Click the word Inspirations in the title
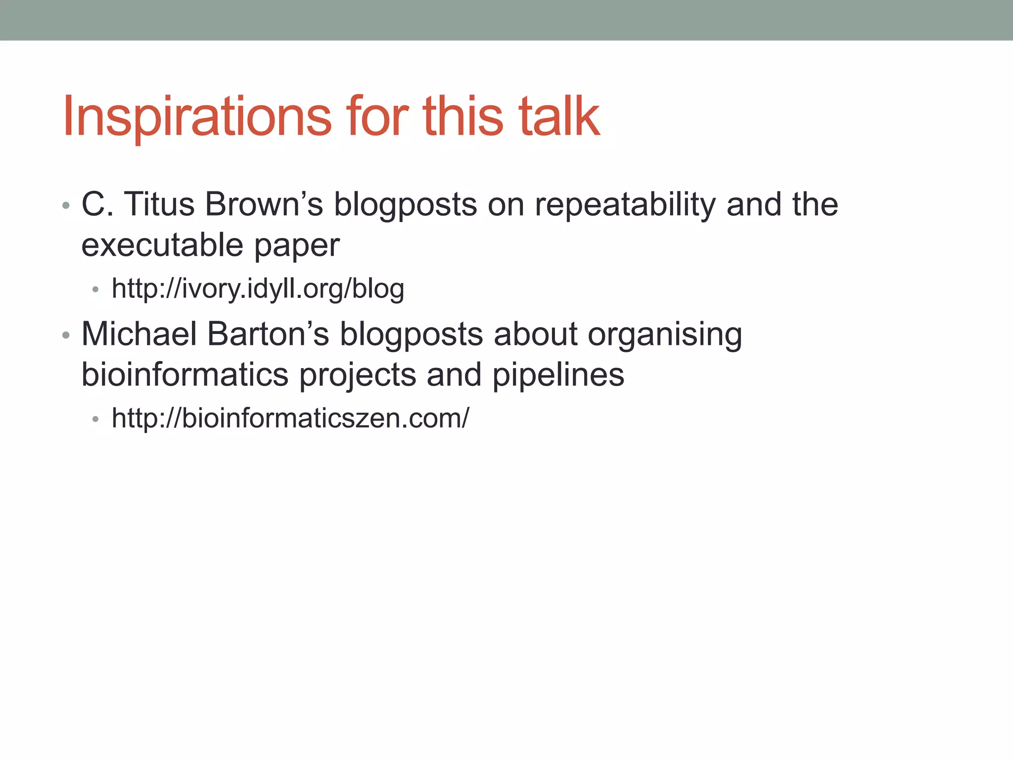197,117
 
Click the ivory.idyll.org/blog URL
258,288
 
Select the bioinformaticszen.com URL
290,418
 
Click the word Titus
159,204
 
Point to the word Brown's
264,204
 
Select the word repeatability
625,205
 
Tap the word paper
297,246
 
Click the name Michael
139,334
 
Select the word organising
665,335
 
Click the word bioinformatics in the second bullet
184,375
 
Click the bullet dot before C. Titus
66,205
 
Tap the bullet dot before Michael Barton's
66,335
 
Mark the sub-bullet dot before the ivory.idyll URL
95,289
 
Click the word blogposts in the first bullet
405,205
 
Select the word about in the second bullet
535,334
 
